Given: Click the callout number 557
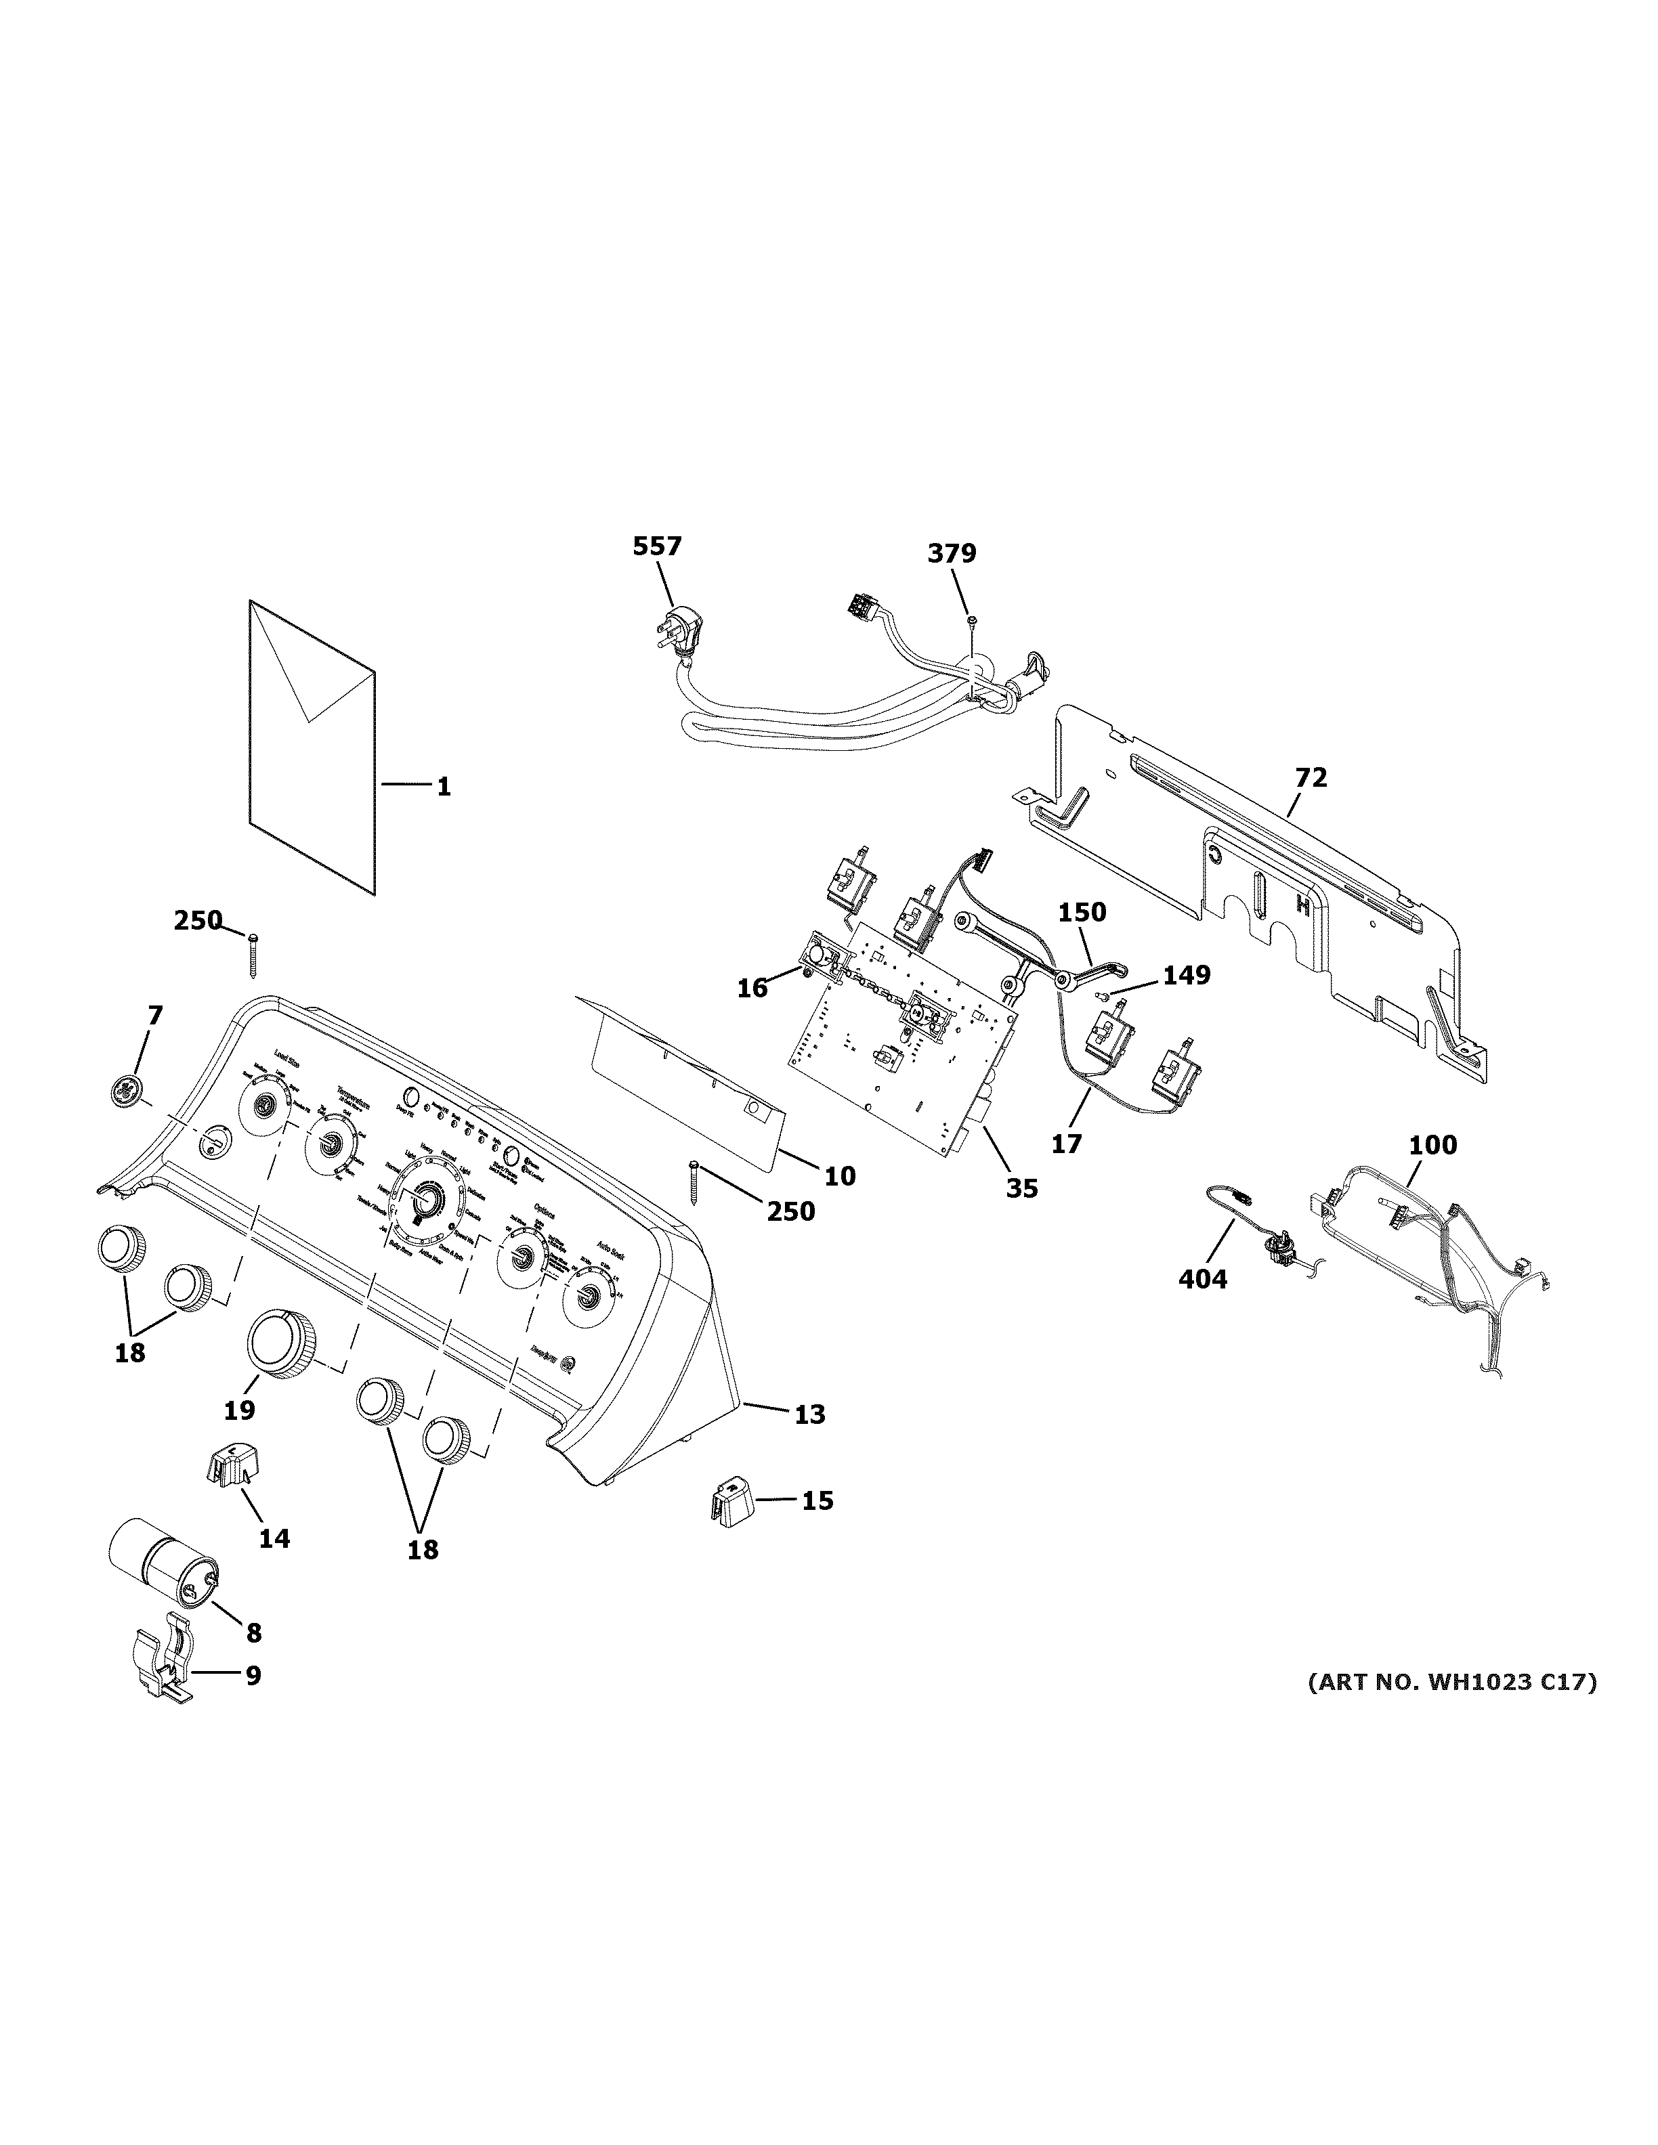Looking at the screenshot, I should tap(656, 547).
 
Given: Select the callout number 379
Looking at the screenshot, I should tap(951, 554).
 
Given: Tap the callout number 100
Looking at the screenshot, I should tap(1433, 1145).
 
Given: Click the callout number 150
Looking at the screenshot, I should tap(1082, 913).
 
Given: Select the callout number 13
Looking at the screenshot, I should tap(809, 1414).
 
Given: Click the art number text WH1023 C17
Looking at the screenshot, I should tap(1451, 1683).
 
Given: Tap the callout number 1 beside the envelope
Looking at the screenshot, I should tap(444, 787).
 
